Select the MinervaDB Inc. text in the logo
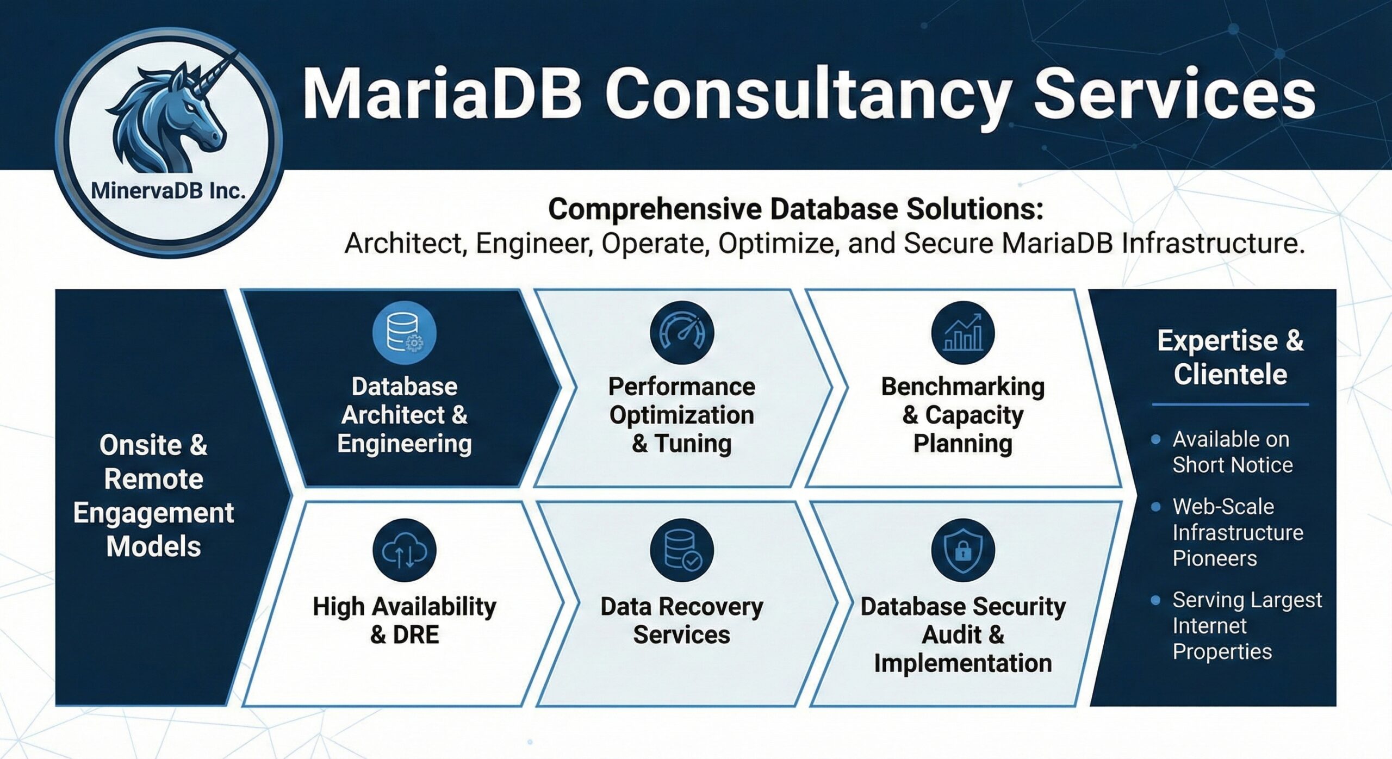[168, 190]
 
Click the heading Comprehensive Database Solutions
[796, 209]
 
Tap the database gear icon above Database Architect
[404, 333]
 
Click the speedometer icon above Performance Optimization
[681, 333]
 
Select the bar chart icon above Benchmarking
[963, 333]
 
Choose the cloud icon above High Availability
[404, 550]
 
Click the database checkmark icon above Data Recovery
[681, 550]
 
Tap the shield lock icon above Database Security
[963, 550]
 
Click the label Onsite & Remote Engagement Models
[154, 495]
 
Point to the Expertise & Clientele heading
[1230, 357]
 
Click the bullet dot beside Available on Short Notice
[1156, 439]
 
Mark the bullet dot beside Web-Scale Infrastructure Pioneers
[1156, 507]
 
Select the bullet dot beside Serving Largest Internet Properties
[1156, 600]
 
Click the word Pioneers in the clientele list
[1214, 558]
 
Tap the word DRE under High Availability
[415, 634]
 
